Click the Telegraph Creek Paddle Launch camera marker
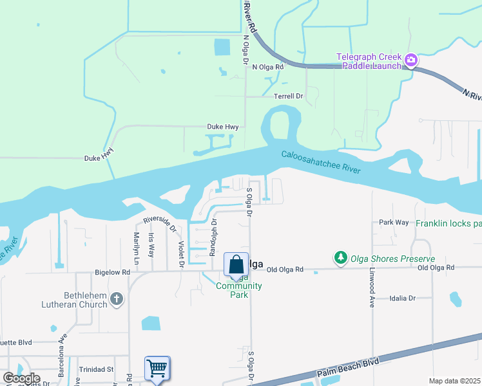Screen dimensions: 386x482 coord(411,61)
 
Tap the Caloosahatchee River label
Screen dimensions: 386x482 coord(320,162)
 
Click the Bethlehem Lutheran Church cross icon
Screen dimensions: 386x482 coord(116,299)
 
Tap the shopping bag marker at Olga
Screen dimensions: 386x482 coord(236,265)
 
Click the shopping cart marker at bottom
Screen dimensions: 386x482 coord(157,369)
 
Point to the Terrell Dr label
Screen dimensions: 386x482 coord(288,96)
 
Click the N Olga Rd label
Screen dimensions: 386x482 coord(268,67)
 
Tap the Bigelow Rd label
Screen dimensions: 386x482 coord(112,272)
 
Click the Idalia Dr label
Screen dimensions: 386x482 coord(403,299)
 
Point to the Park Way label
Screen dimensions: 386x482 coord(394,223)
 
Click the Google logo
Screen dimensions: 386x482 coord(21,378)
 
